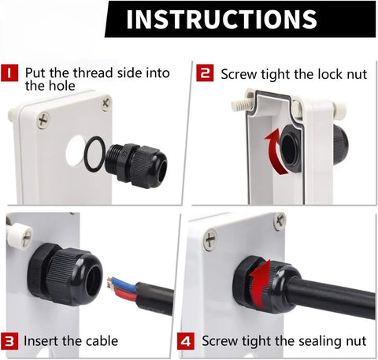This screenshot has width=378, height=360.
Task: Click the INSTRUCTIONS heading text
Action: [221, 19]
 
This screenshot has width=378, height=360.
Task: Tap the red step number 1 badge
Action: [9, 72]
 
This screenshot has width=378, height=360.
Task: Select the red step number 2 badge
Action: [205, 72]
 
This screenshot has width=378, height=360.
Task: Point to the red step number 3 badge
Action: [9, 341]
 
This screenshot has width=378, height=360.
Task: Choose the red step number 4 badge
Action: [186, 341]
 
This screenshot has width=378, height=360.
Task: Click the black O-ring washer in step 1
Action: [86, 154]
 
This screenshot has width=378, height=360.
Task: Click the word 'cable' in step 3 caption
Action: [102, 341]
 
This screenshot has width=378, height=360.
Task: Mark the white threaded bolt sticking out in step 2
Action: [241, 105]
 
